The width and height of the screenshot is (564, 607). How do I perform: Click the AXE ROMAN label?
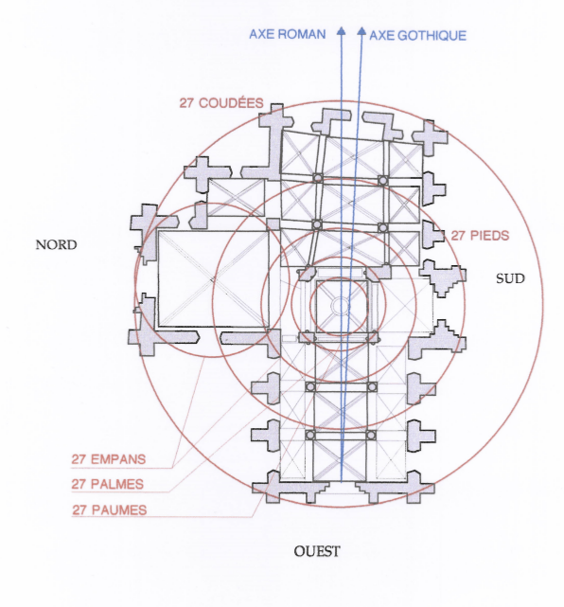[x=287, y=34]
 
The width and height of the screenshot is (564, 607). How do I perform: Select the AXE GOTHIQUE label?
[x=417, y=36]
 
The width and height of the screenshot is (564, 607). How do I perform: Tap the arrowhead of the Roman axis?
[x=342, y=31]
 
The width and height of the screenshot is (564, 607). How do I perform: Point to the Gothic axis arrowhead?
[x=361, y=31]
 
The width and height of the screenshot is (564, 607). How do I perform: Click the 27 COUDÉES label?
[x=221, y=103]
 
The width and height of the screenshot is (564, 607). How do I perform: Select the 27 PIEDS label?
[x=480, y=236]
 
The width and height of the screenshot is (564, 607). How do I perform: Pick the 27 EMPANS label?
[x=108, y=459]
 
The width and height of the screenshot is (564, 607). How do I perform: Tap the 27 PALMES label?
[x=108, y=484]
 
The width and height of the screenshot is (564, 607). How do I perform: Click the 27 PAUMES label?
[x=110, y=509]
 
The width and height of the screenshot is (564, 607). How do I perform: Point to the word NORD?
[x=56, y=244]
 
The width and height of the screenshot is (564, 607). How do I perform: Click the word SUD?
[x=510, y=278]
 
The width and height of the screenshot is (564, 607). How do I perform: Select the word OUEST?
[x=317, y=551]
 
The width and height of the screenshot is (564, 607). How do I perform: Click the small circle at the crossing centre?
[x=341, y=306]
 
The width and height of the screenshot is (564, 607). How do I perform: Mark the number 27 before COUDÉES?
[x=186, y=103]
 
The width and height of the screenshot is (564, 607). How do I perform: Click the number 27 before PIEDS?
[x=458, y=236]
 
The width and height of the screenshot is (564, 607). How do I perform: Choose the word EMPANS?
[x=118, y=459]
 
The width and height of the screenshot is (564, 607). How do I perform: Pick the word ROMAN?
[x=302, y=34]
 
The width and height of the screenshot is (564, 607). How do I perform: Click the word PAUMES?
[x=119, y=509]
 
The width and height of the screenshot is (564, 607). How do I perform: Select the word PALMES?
[x=117, y=484]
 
